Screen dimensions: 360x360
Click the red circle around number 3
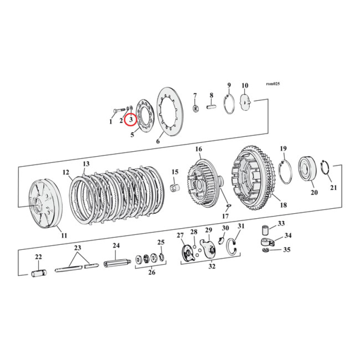coord(130,120)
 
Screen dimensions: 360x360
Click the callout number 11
coord(64,235)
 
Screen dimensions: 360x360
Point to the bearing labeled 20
coord(308,170)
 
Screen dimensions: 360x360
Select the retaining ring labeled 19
coord(286,171)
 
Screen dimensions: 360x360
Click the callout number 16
coord(198,149)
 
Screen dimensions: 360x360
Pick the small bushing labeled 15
coord(175,186)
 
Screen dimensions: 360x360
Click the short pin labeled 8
coord(211,107)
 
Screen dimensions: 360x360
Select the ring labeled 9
coord(230,103)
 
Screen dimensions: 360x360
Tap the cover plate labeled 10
coord(246,102)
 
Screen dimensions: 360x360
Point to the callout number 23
coord(77,247)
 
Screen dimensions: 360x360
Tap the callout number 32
coord(211,266)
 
